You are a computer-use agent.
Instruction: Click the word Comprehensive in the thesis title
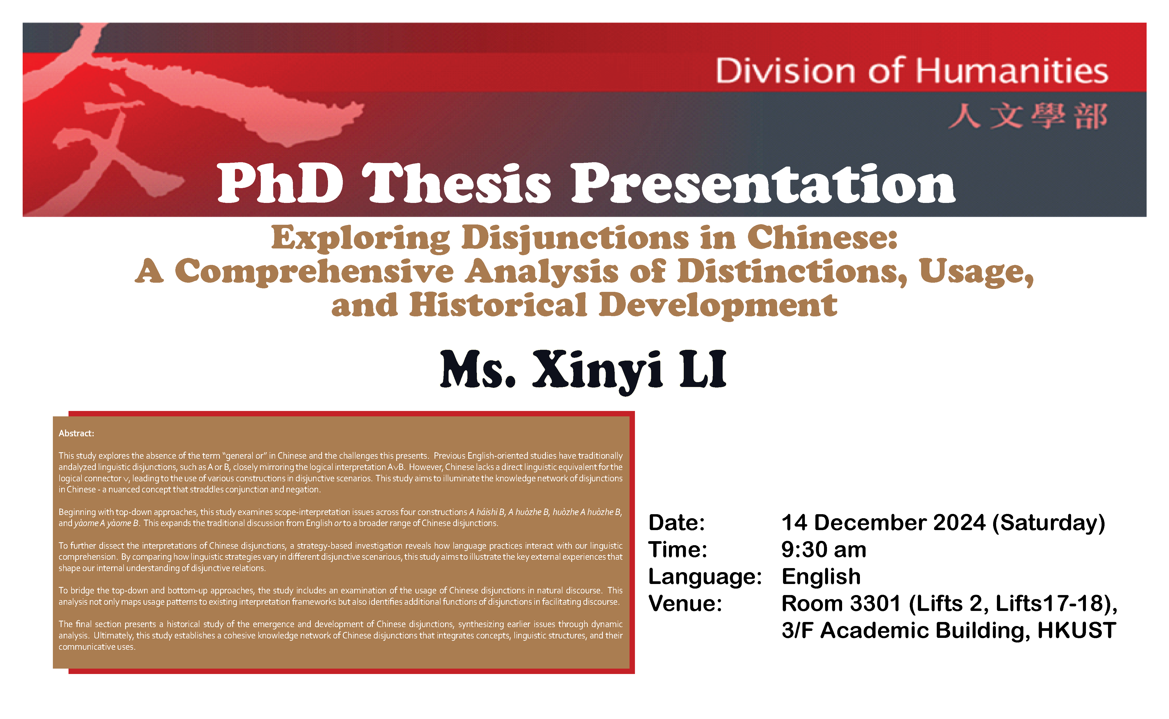click(x=314, y=272)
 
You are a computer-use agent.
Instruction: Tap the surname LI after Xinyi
click(x=703, y=369)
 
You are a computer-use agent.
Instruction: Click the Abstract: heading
click(x=76, y=433)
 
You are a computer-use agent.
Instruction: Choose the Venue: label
click(x=685, y=603)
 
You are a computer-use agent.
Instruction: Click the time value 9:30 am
click(x=823, y=550)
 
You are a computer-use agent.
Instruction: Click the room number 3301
click(x=875, y=603)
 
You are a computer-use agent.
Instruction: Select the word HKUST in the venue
click(x=1077, y=631)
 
